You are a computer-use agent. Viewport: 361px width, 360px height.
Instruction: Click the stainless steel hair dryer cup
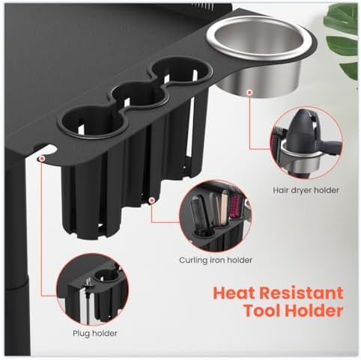tap(260, 58)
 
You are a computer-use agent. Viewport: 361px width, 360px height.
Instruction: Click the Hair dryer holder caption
tap(306, 190)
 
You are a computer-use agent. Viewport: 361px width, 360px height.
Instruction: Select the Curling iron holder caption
tap(216, 260)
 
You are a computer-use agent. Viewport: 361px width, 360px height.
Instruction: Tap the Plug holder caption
tap(95, 333)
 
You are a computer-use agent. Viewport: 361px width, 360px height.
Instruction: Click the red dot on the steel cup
tap(249, 93)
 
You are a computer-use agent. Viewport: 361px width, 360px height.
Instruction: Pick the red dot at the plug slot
tap(42, 158)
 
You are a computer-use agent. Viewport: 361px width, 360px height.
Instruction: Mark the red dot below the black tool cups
tap(151, 200)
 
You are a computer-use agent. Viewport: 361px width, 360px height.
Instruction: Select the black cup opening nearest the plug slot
tap(91, 121)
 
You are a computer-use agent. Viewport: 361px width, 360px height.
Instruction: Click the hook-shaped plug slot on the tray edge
tap(47, 151)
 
